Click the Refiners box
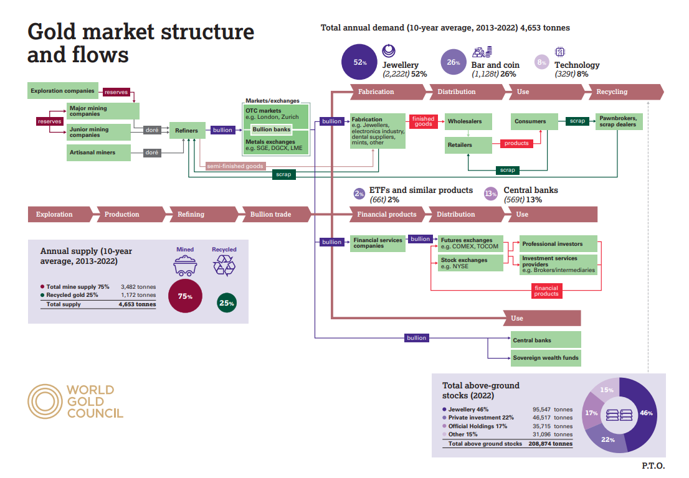pos(187,130)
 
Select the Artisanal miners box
pos(98,152)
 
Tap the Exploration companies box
pos(62,91)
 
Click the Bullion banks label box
pos(272,129)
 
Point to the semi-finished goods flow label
pos(235,166)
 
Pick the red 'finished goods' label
pos(423,121)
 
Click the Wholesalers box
pos(468,121)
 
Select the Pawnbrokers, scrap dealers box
pos(619,121)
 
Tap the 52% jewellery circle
pos(359,62)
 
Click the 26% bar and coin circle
pos(454,62)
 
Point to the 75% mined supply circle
pos(186,296)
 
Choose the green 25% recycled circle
pos(227,303)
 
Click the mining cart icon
pos(185,266)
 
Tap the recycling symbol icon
pos(224,266)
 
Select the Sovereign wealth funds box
pos(546,358)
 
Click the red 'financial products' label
pos(546,291)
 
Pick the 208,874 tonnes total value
pos(551,444)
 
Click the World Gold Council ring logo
pos(45,401)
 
